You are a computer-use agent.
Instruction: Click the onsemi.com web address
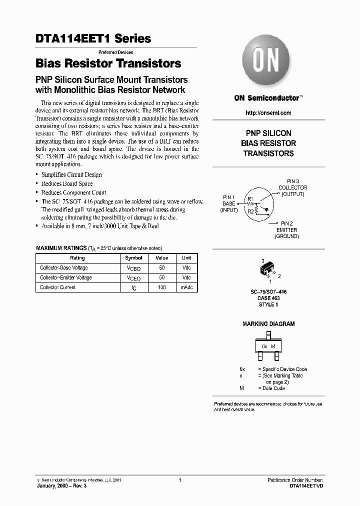coord(268,113)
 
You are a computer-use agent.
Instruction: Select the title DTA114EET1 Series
coord(93,38)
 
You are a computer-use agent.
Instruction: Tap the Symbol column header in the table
coord(133,258)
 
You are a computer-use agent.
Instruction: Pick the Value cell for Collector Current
coord(161,287)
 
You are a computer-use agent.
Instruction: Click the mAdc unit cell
coord(186,287)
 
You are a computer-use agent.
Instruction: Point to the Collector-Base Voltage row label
coord(65,268)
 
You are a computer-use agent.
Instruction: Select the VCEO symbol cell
coord(133,278)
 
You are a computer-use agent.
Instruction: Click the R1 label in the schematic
coord(250,199)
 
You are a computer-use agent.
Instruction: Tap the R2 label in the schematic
coord(250,211)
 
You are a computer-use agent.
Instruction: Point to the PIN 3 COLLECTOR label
coord(293,187)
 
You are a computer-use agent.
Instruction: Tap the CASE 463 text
coord(268,298)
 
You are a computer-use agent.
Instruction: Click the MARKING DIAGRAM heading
coord(268,324)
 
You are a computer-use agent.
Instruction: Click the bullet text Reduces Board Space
coord(66,183)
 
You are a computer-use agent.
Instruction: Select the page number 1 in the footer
coord(179,480)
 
